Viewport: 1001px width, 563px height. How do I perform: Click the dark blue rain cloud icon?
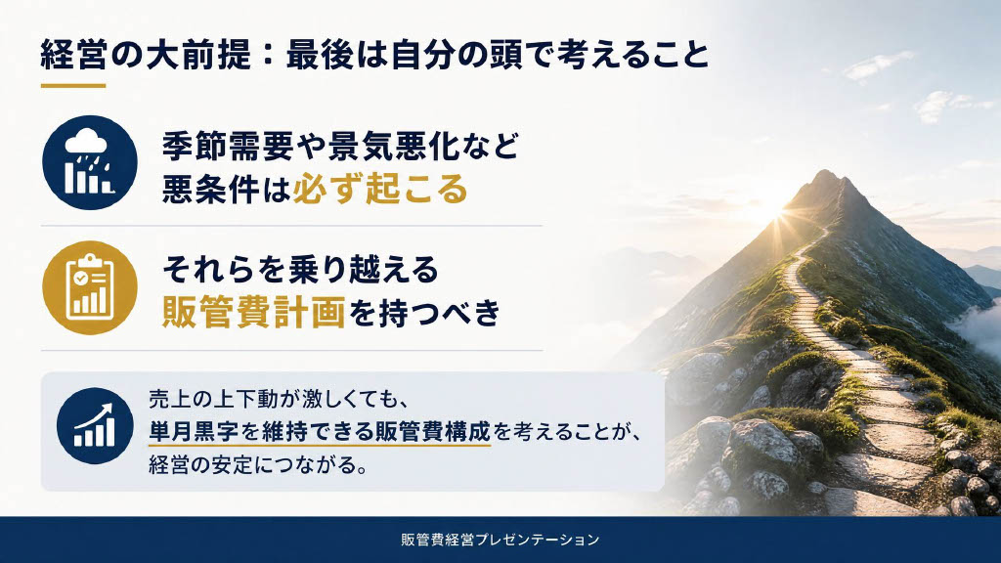point(90,163)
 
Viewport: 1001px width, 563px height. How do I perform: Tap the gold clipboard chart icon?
point(90,288)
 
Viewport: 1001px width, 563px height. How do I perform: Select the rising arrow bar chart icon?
point(95,426)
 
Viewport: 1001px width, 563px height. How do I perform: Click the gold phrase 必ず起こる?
point(380,189)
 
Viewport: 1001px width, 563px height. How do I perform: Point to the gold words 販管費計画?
point(254,312)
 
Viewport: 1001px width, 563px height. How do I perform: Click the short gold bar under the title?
point(73,85)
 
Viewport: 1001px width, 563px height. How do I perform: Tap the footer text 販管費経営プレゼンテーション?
point(500,540)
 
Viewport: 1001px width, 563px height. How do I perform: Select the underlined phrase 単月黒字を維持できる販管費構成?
point(320,431)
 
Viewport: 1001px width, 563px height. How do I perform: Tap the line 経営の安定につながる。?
point(258,464)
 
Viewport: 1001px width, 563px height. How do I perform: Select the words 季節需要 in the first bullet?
point(228,146)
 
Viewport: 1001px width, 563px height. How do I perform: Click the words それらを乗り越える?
point(301,269)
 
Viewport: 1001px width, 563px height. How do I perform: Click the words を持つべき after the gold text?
point(424,312)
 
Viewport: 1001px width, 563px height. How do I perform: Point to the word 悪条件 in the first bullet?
point(211,189)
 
